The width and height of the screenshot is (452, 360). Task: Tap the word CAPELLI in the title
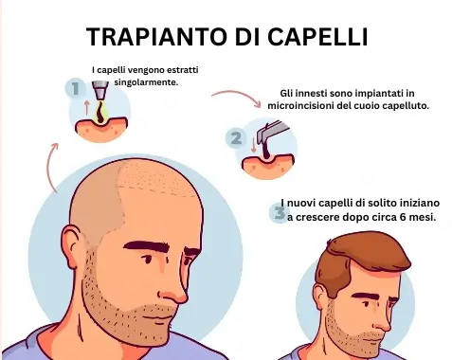coord(317,37)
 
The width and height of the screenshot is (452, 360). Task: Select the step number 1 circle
coord(76,88)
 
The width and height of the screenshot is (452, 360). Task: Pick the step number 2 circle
coord(236,138)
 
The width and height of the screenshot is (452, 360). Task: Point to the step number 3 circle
coord(280,213)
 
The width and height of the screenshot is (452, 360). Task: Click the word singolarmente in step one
coord(146,82)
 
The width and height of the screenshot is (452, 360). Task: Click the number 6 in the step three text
coord(405,217)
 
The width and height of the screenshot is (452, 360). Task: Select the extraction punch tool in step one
coord(100,90)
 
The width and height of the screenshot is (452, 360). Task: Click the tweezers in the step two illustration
coord(271,134)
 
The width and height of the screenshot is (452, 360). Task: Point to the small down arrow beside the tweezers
coord(253,146)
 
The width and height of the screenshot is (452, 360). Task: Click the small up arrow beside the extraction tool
coord(87,107)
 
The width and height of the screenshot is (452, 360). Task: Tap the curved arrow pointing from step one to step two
coord(237,95)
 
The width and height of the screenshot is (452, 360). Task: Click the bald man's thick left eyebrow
coord(148,246)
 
